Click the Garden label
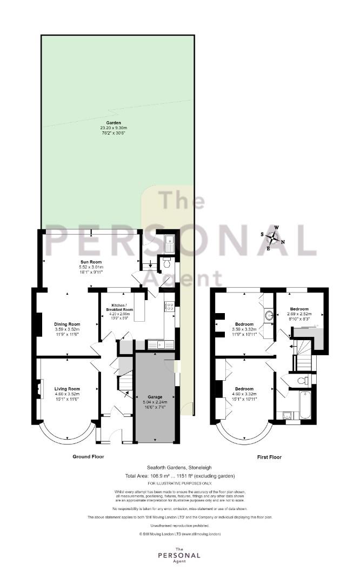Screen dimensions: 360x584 114,123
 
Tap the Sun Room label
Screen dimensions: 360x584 91,262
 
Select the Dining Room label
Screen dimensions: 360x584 68,324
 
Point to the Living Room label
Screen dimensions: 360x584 68,389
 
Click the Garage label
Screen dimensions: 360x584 155,397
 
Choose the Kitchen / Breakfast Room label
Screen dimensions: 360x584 119,307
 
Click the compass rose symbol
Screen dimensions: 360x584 273,237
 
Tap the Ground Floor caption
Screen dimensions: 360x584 88,456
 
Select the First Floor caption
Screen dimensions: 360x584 269,457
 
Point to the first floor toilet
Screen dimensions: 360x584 303,381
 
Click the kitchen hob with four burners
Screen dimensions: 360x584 169,307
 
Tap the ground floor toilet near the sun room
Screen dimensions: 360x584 166,263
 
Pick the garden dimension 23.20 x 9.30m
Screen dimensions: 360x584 114,128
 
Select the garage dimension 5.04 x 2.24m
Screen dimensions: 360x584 155,402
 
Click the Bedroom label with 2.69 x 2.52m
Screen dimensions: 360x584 299,309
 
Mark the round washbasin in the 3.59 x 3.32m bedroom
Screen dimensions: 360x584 269,316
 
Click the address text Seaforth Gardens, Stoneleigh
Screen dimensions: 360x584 179,467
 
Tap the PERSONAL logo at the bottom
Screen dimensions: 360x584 179,555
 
